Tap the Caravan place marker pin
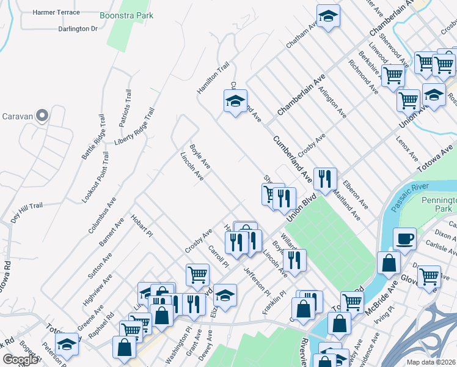[42, 115]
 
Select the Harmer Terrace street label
[57, 12]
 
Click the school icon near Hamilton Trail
[235, 102]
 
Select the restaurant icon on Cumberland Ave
[325, 179]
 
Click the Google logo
[20, 360]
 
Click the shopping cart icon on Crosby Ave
[197, 275]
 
